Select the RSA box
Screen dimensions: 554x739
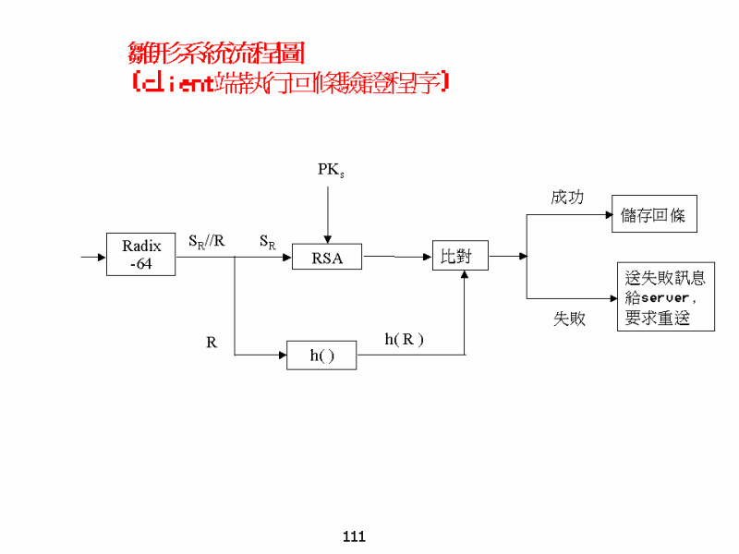[x=327, y=258]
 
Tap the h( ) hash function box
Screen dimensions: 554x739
[x=321, y=355]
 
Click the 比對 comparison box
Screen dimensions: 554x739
[x=460, y=256]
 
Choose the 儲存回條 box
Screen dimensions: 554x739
[x=654, y=214]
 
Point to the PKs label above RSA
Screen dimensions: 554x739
[x=331, y=170]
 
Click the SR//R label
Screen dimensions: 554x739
[x=207, y=241]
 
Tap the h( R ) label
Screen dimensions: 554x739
[x=404, y=339]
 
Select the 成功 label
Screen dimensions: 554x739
[x=567, y=198]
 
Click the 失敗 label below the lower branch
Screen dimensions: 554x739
[x=569, y=319]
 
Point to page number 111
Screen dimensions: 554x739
[x=354, y=536]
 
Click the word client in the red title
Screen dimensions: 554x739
[x=177, y=83]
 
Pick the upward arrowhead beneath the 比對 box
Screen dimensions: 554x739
[x=464, y=276]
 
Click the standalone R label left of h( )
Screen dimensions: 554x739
[x=212, y=343]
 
